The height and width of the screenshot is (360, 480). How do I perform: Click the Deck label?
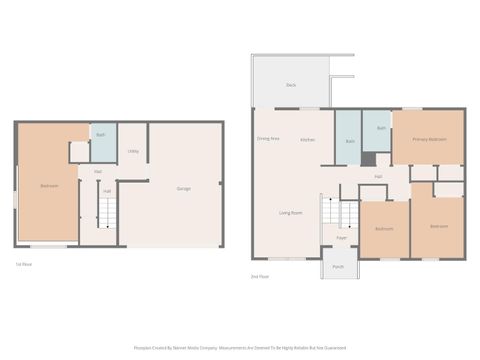click(291, 86)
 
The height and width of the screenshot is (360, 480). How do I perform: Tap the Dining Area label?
click(268, 138)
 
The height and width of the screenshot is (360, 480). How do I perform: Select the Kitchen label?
click(308, 139)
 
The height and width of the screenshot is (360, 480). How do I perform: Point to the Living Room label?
click(291, 212)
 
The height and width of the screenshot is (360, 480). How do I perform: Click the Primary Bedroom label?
click(429, 139)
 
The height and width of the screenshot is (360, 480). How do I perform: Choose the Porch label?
click(338, 267)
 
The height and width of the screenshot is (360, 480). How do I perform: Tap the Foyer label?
click(341, 238)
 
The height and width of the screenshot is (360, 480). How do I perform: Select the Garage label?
click(184, 188)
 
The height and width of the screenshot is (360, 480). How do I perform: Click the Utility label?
click(133, 151)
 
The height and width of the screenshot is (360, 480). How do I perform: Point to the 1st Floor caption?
click(24, 264)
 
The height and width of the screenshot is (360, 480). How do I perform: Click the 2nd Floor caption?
click(260, 276)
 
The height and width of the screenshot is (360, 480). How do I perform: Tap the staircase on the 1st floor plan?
click(107, 212)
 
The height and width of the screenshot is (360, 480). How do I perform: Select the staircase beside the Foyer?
click(344, 213)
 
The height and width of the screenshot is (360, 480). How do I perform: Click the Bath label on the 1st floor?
click(100, 134)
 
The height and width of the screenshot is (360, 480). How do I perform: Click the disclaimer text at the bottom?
click(240, 348)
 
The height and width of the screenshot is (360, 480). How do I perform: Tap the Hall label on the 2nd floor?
click(379, 176)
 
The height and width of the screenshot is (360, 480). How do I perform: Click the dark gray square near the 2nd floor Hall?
click(369, 159)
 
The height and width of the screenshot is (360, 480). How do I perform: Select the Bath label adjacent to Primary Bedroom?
click(382, 129)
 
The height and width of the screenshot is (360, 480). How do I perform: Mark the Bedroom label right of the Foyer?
click(384, 229)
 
